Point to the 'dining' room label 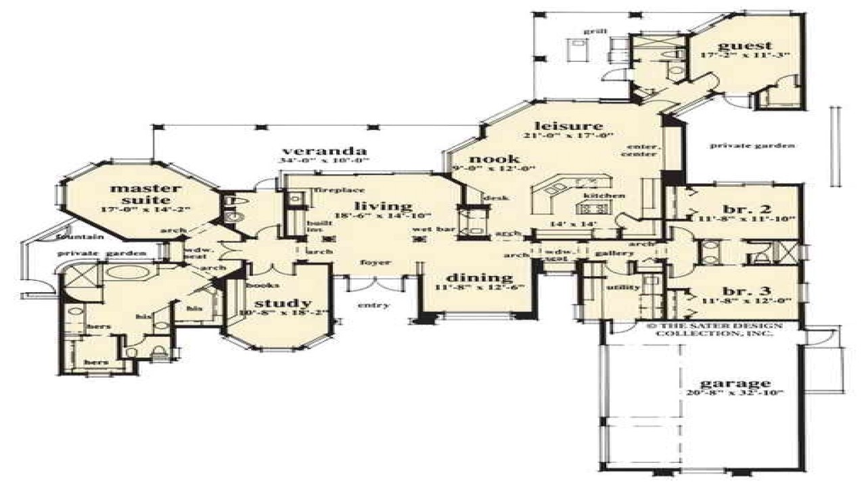tap(479, 277)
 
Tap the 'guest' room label tap(744, 46)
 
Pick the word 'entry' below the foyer tap(373, 305)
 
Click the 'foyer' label tap(373, 262)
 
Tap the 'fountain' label tap(79, 237)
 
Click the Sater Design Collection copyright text tap(714, 329)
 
